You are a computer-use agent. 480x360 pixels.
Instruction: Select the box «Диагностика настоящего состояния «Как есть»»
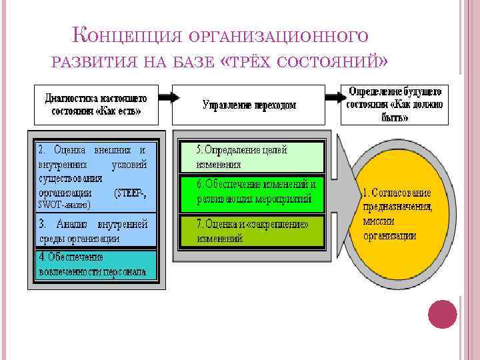coord(97,104)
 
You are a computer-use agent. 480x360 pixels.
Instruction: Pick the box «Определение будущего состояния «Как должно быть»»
coord(395,103)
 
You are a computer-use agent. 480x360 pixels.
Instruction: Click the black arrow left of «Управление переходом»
coord(168,97)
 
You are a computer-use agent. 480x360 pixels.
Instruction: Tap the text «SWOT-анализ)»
coord(63,205)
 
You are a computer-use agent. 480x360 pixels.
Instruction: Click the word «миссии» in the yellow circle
coord(379,221)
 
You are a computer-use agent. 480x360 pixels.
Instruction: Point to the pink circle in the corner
coord(442,313)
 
